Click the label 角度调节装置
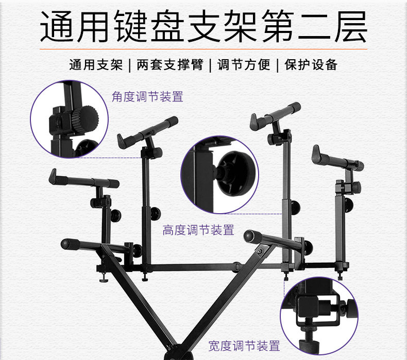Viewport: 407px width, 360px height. click(x=147, y=97)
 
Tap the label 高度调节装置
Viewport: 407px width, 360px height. click(x=198, y=230)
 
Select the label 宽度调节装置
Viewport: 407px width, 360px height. click(x=244, y=346)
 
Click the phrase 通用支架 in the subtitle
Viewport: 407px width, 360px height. click(x=96, y=65)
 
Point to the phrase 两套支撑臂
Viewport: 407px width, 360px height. click(x=169, y=65)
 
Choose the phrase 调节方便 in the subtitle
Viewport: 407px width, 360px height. click(x=244, y=65)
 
